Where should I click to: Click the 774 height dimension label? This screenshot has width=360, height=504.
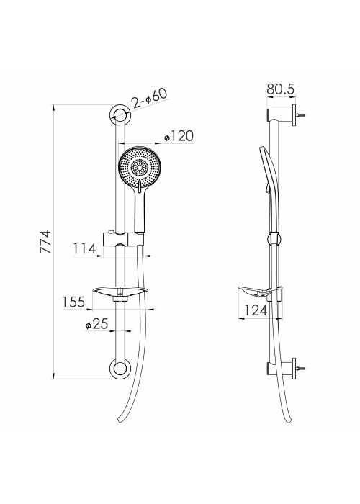point(45,242)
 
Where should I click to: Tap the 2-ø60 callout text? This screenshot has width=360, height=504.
point(150,98)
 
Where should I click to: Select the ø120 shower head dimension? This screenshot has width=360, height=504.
point(179,136)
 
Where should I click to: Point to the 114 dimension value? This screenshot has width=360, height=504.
point(84,248)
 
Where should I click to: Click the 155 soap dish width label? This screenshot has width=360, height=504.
point(73,302)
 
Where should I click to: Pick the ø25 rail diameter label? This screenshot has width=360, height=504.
point(96,324)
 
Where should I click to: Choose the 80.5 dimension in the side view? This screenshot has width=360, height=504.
point(281,89)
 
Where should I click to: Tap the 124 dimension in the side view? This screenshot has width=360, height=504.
point(256,310)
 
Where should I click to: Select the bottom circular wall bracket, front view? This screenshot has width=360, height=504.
point(120,369)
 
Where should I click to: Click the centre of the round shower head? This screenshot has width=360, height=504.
point(140,168)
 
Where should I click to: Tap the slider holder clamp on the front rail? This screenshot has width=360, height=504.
point(123,238)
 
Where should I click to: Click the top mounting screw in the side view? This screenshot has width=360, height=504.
point(301,114)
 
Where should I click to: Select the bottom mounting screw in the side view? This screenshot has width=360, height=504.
point(301,369)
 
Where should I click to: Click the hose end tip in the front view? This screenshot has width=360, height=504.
point(120,420)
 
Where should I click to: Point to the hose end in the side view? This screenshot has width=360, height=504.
point(288,420)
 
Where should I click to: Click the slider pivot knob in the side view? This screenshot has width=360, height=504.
point(274,239)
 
